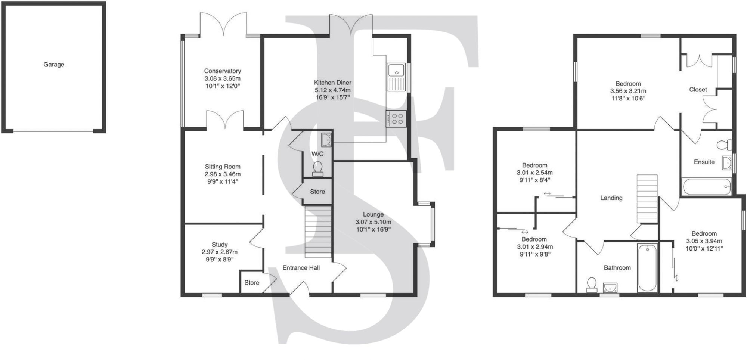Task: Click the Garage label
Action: tap(54, 65)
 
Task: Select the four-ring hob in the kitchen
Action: tap(396, 119)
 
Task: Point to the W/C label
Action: tap(317, 154)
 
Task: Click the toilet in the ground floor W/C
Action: tap(317, 169)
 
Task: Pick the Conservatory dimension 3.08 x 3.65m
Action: tap(223, 78)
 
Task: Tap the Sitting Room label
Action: tap(223, 167)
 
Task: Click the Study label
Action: tap(220, 245)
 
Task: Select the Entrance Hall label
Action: tap(301, 267)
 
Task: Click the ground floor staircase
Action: tap(318, 232)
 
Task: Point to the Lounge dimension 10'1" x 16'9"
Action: tap(373, 229)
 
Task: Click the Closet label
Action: tap(698, 90)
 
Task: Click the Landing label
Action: tap(611, 198)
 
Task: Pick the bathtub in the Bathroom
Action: tap(648, 268)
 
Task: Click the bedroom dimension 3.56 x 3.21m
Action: tap(628, 91)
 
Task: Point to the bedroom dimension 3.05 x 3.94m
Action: tap(704, 241)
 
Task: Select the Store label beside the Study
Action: tap(252, 283)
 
